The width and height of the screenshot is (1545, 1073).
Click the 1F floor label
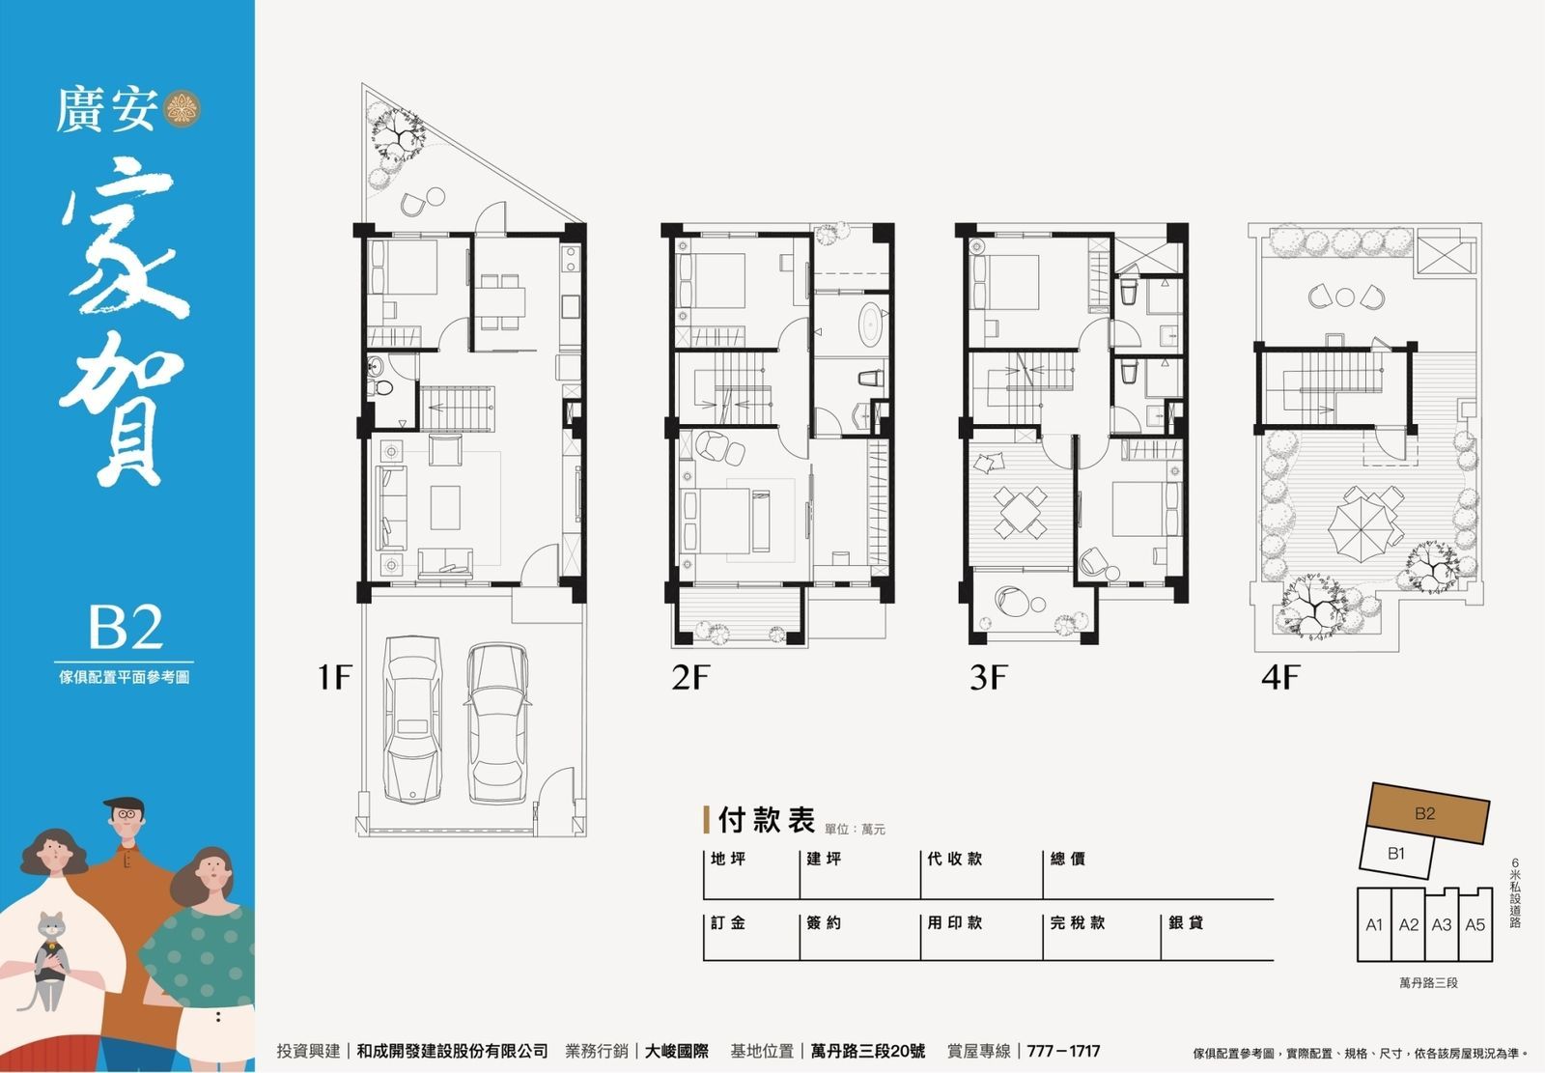click(x=334, y=677)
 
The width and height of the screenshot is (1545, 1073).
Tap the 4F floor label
click(x=1280, y=677)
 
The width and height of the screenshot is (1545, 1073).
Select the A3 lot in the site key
click(x=1442, y=924)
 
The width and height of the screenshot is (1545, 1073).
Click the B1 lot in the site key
click(x=1396, y=854)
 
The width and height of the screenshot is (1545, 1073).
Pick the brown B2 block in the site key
click(x=1427, y=813)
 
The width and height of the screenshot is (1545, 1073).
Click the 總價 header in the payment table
click(x=1068, y=860)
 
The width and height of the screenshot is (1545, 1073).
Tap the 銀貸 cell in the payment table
click(x=1187, y=922)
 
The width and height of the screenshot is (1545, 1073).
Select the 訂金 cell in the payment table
click(x=728, y=922)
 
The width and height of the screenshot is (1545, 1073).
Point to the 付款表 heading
click(x=767, y=820)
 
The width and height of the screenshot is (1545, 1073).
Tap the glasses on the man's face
click(x=126, y=814)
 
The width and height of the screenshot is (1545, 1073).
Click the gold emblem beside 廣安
click(x=183, y=109)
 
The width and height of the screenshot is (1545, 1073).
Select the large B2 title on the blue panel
click(x=126, y=627)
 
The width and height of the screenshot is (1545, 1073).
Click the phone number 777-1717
click(x=1063, y=1051)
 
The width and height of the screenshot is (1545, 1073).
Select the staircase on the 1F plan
click(x=457, y=409)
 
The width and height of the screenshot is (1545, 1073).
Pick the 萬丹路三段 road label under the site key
click(x=1428, y=982)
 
